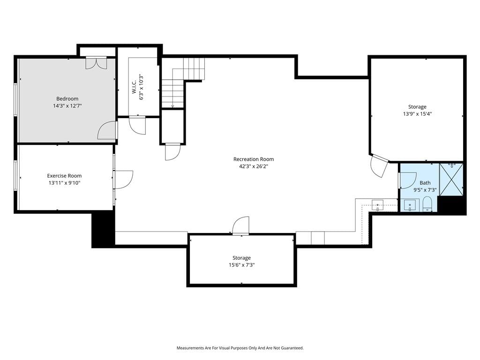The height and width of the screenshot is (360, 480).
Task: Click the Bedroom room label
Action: pyautogui.click(x=67, y=98)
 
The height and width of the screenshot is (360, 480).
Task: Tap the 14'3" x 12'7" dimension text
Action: pyautogui.click(x=67, y=106)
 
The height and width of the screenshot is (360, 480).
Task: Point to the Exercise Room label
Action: pyautogui.click(x=64, y=176)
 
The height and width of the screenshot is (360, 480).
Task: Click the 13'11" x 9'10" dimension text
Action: pyautogui.click(x=64, y=183)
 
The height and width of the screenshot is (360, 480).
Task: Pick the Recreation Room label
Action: pyautogui.click(x=254, y=159)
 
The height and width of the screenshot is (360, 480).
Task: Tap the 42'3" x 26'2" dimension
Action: pyautogui.click(x=254, y=166)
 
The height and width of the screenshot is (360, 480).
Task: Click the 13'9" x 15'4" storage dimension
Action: pyautogui.click(x=417, y=114)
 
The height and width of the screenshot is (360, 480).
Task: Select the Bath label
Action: pyautogui.click(x=425, y=183)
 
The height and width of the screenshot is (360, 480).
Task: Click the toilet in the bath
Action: pyautogui.click(x=427, y=204)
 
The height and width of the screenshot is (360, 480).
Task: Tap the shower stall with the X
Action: pyautogui.click(x=451, y=180)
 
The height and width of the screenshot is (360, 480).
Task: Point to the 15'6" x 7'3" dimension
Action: pyautogui.click(x=241, y=265)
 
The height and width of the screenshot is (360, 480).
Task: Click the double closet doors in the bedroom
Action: pyautogui.click(x=96, y=63)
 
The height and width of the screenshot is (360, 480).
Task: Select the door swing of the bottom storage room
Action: pyautogui.click(x=240, y=225)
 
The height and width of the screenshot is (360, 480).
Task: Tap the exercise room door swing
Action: pyautogui.click(x=123, y=180)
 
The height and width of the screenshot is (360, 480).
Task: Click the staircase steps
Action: pyautogui.click(x=183, y=82)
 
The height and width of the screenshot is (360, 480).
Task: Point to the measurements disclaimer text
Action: pyautogui.click(x=240, y=348)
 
